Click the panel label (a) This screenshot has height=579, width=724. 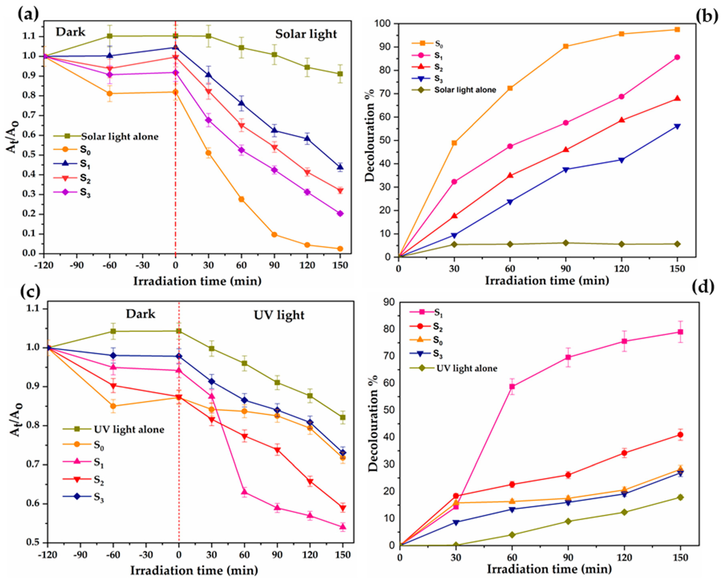pos(28,14)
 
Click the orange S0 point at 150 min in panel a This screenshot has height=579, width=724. pos(340,249)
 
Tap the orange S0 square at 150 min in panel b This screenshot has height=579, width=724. pos(677,29)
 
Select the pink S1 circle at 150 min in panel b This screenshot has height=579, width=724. pos(677,57)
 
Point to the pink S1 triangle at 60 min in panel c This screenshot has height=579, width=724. pos(244,492)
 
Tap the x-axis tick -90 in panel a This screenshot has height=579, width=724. pos(77,265)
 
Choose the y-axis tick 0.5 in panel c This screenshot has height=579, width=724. pos(33,542)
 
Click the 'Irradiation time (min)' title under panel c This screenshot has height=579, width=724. pos(194,570)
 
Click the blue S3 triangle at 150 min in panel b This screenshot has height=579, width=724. pos(677,126)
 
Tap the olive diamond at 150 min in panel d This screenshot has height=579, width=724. pos(680,497)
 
